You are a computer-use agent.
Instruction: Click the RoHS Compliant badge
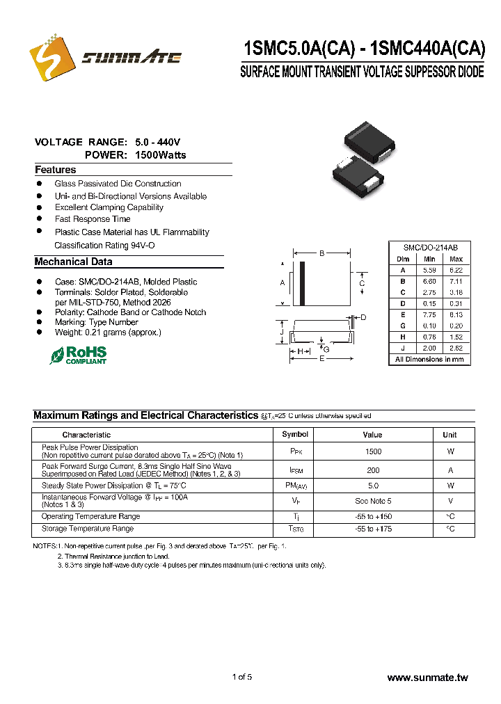78,355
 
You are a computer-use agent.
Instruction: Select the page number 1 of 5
241,678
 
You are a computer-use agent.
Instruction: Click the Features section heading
56,170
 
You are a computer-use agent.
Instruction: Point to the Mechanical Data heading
73,262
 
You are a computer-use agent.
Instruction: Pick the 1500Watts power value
161,155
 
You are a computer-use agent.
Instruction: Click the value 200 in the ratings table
372,470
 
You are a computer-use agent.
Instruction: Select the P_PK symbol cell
296,451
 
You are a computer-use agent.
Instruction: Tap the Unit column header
450,435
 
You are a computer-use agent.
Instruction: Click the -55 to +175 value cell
372,529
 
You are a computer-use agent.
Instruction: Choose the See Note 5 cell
372,501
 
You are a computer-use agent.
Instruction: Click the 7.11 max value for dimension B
456,281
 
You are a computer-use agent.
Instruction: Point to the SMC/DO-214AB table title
430,248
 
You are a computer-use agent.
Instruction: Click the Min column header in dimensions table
429,259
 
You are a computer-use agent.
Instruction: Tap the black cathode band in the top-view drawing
302,283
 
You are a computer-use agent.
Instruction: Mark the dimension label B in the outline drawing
322,254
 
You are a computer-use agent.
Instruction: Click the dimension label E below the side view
321,359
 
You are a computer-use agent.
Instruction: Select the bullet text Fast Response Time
93,219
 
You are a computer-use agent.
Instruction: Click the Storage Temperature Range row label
87,529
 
